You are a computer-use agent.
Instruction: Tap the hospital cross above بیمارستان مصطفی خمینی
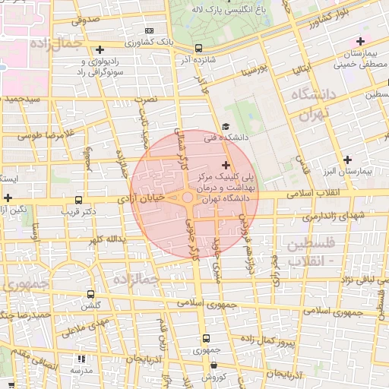click(x=359, y=40)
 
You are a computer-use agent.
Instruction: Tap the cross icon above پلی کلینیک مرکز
click(x=226, y=164)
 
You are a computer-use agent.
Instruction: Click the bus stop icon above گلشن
click(x=90, y=294)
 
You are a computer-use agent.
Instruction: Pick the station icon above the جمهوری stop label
click(x=204, y=338)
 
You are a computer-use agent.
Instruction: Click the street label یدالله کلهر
click(x=104, y=239)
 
